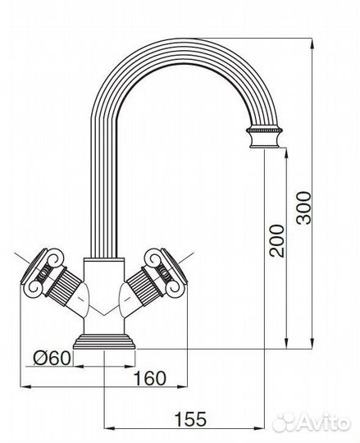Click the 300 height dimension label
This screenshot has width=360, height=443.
[x=304, y=210]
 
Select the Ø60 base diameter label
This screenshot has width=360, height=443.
[x=51, y=358]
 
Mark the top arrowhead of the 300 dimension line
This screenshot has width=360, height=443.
[x=314, y=41]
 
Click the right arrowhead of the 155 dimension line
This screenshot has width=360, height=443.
[x=267, y=427]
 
